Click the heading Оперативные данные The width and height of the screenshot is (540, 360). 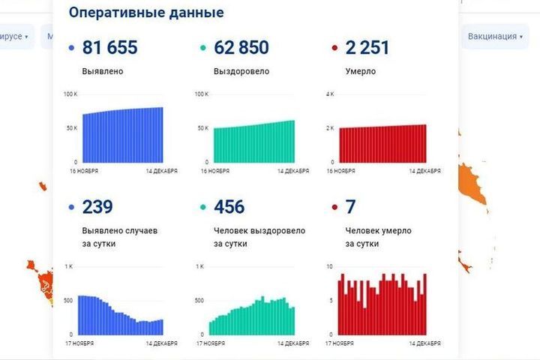(145, 13)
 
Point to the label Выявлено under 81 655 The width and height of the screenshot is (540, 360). (103, 72)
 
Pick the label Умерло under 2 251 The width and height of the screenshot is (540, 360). (361, 72)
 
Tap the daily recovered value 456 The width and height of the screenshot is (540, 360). (229, 207)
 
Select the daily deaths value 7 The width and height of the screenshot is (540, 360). (350, 207)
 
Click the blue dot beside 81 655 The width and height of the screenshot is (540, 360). (70, 49)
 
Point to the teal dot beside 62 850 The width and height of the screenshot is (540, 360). (202, 49)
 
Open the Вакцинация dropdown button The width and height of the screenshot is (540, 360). (495, 36)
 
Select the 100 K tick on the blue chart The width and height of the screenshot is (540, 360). (70, 94)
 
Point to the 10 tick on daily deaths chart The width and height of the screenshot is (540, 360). (330, 266)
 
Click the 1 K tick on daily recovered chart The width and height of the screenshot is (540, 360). (200, 266)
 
